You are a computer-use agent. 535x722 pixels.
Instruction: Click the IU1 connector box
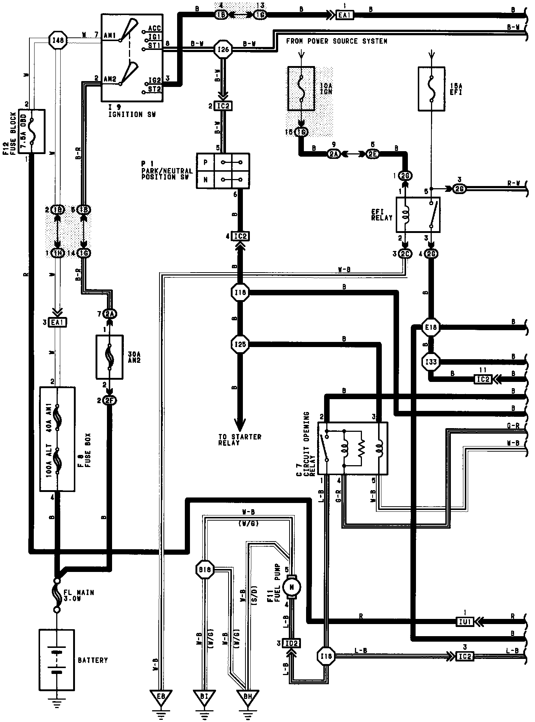pos(465,622)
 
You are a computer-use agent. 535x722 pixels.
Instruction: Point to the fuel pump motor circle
pos(292,587)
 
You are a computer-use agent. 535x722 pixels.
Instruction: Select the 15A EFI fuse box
pos(432,88)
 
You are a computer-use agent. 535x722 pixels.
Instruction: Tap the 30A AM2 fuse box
pos(109,357)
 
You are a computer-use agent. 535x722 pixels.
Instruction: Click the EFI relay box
pos(418,215)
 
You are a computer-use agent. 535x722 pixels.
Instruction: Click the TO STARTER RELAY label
pos(239,440)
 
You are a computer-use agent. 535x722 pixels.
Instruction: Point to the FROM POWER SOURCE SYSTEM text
pos(337,41)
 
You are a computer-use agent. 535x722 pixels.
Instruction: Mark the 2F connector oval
pos(109,401)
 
